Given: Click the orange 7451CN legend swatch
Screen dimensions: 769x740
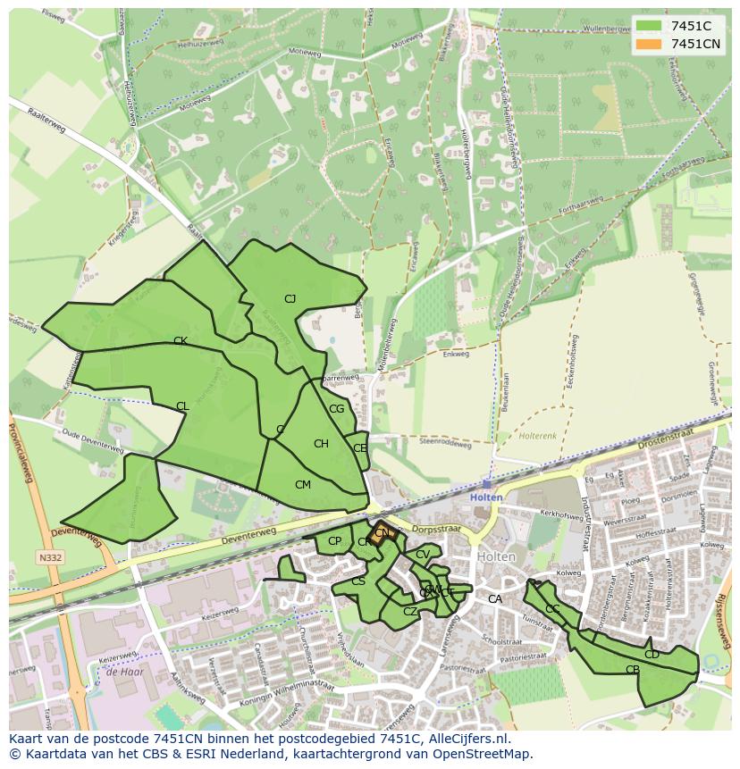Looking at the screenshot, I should [650, 44].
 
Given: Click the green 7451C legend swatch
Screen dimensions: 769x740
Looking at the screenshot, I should [650, 26].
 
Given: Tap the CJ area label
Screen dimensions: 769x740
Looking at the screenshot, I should [290, 299].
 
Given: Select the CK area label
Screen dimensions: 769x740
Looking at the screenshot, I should [180, 341].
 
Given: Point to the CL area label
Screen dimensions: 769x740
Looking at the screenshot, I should [182, 406].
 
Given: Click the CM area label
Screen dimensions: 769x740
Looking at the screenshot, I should [303, 485].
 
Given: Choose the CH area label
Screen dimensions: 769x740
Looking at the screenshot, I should [321, 444].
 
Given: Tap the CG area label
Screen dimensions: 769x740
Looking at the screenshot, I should [336, 409].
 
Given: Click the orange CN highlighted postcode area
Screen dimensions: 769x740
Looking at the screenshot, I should [382, 533].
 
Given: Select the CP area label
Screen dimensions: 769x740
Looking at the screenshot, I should [334, 541].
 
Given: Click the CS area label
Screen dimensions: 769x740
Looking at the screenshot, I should [358, 581].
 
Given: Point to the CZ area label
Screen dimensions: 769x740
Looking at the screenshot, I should [410, 612].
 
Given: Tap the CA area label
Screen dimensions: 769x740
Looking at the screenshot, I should [494, 599].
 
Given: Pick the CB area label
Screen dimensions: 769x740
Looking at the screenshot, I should [633, 670].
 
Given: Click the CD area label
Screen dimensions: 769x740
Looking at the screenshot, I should [652, 655].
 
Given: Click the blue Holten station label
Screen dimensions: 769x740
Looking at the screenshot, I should [486, 497].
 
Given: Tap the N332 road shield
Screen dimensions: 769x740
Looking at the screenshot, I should [50, 558].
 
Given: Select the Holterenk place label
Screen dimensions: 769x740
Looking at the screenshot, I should [537, 437].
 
